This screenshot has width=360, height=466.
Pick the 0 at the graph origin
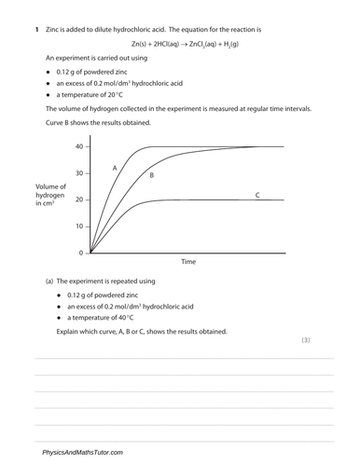pyautogui.click(x=81, y=253)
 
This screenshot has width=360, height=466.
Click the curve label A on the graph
pyautogui.click(x=115, y=168)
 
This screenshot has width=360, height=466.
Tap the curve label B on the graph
pyautogui.click(x=151, y=175)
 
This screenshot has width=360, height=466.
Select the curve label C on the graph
pyautogui.click(x=256, y=194)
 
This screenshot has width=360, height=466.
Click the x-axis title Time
pyautogui.click(x=187, y=262)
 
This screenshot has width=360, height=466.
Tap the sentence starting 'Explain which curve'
pyautogui.click(x=141, y=331)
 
